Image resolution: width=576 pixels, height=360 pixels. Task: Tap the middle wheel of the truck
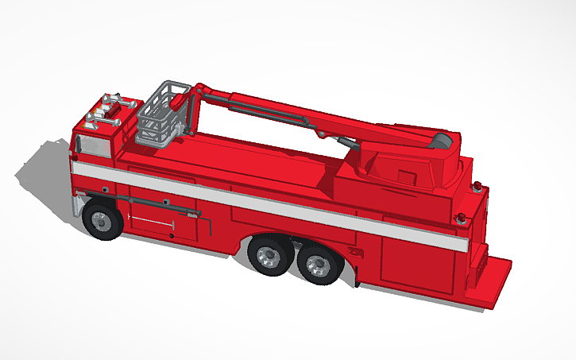coord(269,257)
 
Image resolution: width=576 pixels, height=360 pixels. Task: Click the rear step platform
coord(488,283)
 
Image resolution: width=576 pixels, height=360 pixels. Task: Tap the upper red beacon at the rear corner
coord(477,187)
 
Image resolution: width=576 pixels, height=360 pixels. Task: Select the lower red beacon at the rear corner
coord(461,217)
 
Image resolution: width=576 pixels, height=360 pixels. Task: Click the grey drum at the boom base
coord(443,142)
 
